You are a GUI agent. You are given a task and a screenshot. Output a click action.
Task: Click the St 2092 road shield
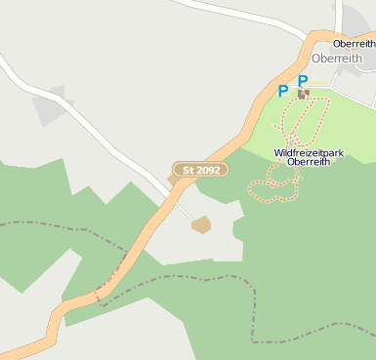click(200, 170)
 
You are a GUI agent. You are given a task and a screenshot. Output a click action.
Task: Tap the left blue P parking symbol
click(283, 91)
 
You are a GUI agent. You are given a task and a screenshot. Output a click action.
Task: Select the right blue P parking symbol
click(303, 81)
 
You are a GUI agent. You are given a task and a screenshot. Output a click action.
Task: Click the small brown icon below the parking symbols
click(303, 94)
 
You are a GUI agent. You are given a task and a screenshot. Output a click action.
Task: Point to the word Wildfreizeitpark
click(308, 152)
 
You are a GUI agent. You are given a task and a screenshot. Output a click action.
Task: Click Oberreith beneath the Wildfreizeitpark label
click(309, 163)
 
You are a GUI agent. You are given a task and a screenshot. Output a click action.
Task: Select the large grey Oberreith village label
click(337, 59)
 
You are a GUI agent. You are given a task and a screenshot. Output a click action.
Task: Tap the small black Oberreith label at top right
click(354, 44)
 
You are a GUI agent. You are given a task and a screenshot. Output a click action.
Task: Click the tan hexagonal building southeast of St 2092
click(201, 224)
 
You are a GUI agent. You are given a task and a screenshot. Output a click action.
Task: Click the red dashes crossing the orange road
click(110, 276)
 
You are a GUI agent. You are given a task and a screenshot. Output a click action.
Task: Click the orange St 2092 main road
click(146, 229)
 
